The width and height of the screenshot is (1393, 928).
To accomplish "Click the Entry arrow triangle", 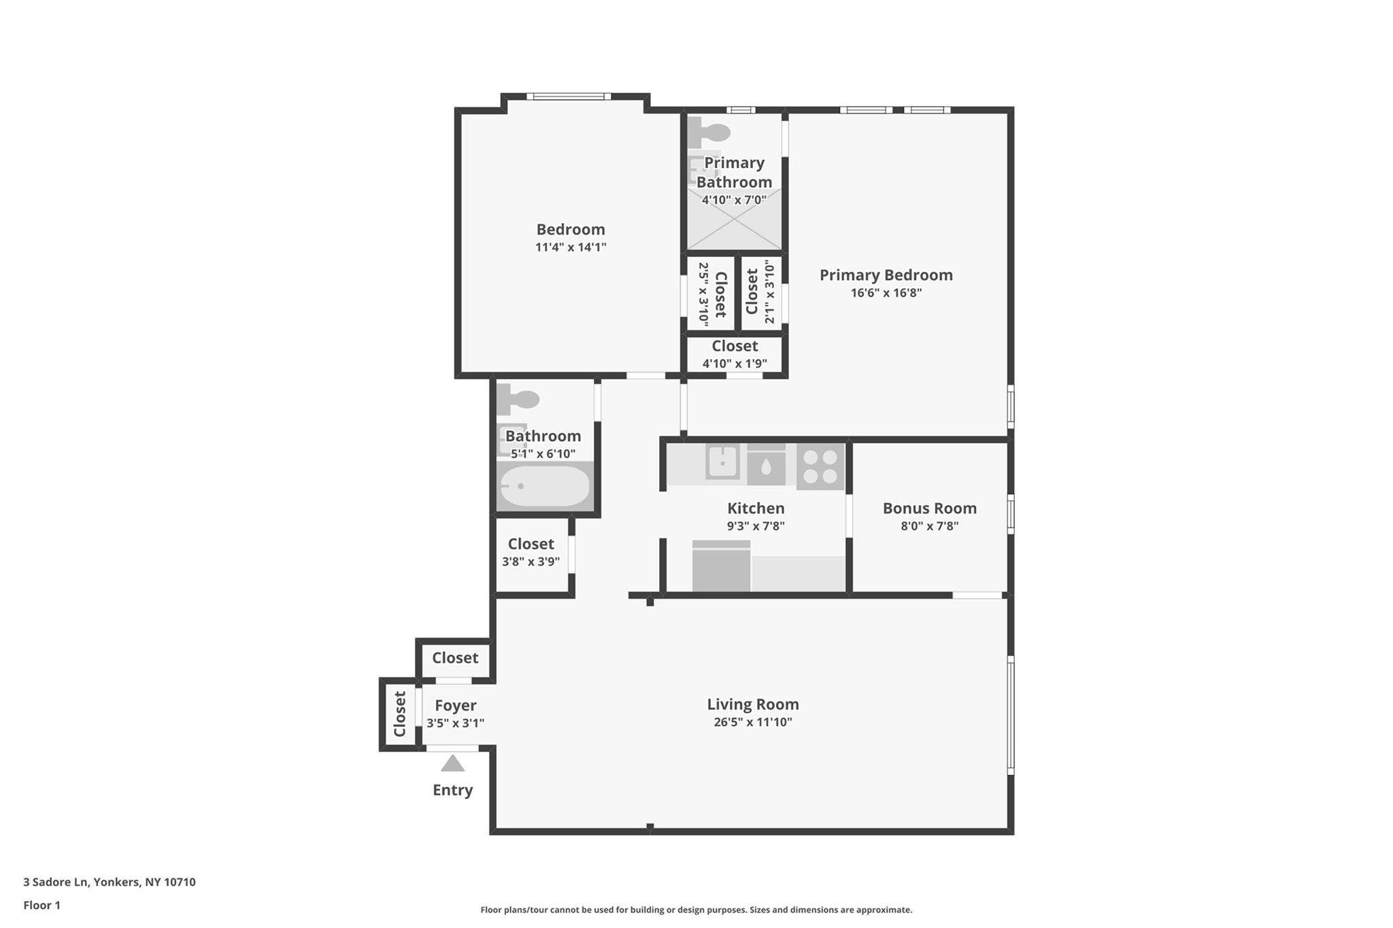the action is tap(452, 763).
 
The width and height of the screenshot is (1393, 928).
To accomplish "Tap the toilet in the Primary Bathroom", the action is tap(708, 132).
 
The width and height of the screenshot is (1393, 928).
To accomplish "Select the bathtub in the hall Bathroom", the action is tap(545, 486).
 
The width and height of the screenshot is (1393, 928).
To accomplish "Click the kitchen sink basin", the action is tap(722, 462).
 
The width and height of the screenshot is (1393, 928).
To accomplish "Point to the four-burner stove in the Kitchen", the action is tap(820, 466).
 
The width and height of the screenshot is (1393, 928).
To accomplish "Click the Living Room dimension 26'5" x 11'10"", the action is tap(752, 722).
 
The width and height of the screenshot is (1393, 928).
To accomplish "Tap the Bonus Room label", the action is tap(929, 508).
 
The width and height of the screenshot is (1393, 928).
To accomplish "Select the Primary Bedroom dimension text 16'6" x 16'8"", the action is tap(886, 293).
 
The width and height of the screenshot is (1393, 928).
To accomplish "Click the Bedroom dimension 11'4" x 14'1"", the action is tap(570, 247).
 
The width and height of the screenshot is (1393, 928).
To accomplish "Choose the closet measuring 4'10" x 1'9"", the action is tap(735, 354).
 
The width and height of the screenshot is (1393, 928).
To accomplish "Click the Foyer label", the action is tap(455, 706).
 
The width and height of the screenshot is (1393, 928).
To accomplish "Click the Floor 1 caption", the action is tap(41, 906).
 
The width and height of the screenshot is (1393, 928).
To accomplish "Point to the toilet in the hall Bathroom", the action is tap(518, 400).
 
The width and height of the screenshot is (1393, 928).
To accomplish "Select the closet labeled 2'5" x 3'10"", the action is tap(711, 293).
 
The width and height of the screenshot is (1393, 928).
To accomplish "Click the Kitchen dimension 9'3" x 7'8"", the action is tap(756, 526).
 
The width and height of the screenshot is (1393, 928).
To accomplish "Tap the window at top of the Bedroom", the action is tap(569, 97).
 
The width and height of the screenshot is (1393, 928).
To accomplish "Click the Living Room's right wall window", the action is tap(1011, 715).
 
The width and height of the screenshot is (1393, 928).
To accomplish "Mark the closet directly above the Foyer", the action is tap(455, 658).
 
